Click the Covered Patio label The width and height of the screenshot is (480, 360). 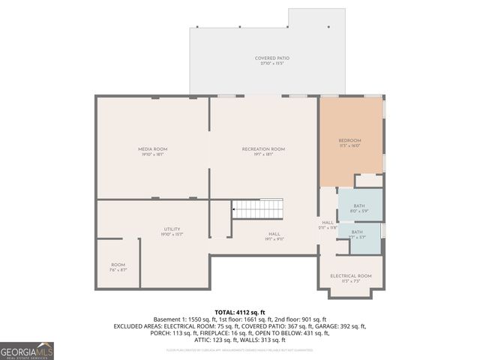271,58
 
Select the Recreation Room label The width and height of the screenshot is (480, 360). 263,149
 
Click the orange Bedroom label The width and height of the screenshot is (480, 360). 349,141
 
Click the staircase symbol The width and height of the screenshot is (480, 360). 256,208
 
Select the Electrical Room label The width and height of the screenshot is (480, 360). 350,276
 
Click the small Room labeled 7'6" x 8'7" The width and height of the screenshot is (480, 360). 118,265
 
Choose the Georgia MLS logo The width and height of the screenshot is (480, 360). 26,350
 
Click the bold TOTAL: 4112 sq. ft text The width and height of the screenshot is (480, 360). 240,312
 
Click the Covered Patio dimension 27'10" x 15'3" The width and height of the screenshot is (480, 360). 271,64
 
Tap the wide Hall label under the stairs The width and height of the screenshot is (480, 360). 274,234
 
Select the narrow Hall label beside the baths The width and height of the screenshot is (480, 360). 328,223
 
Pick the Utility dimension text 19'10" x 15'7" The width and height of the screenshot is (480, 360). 172,235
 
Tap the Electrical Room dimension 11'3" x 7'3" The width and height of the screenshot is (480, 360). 350,282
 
